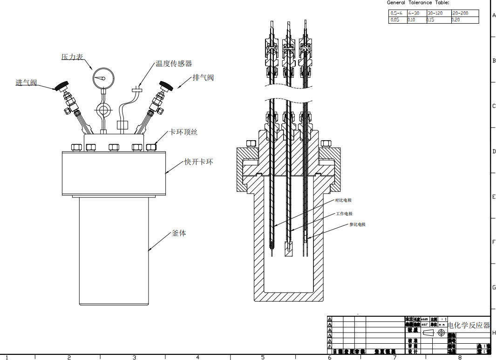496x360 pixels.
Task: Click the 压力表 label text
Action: (x=72, y=57)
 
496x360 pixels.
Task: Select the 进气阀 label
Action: (x=26, y=82)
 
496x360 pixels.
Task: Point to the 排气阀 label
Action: (x=204, y=77)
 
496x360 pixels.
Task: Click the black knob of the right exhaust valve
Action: (x=165, y=86)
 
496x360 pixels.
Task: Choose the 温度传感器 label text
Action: (x=174, y=63)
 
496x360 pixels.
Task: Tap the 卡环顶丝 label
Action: (x=183, y=132)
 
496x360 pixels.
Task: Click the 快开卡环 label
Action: (x=199, y=162)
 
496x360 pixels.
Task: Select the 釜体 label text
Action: (x=179, y=233)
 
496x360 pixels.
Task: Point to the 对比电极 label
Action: (x=343, y=200)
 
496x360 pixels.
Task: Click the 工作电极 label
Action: (x=345, y=214)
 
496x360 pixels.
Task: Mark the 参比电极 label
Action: (x=358, y=224)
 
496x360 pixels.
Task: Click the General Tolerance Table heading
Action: (x=418, y=3)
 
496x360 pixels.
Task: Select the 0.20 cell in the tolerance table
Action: (x=456, y=20)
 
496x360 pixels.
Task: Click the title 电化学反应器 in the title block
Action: (x=469, y=325)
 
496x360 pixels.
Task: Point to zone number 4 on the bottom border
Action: (x=197, y=357)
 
